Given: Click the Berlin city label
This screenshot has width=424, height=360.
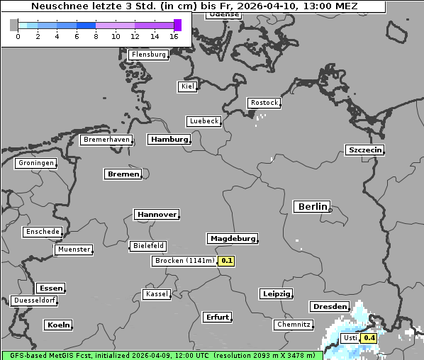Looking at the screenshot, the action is [312, 207].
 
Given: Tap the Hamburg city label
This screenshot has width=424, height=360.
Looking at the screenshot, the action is [169, 140].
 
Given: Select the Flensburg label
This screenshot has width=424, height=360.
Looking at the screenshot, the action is [149, 55].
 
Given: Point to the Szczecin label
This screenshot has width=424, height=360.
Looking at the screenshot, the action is [364, 150].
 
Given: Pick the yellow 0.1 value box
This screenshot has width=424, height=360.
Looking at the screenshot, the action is [227, 261].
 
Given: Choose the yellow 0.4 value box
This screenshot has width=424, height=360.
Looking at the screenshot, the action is [369, 339].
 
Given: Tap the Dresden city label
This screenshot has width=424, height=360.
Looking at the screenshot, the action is [329, 307].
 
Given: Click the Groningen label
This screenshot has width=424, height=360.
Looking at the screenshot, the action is [35, 163].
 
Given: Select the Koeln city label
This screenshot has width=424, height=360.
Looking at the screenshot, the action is [58, 325].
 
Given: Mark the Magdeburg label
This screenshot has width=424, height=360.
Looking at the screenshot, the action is [232, 239].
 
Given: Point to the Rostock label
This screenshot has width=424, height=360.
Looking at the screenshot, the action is [264, 103].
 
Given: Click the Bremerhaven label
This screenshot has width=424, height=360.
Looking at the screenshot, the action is [106, 140].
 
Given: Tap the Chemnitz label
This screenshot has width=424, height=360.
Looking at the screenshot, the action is [294, 325].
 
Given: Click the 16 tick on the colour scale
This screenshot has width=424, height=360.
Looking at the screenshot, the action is [174, 36].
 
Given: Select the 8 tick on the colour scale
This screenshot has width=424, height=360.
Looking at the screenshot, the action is [96, 36].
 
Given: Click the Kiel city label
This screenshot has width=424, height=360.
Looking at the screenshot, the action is [187, 86].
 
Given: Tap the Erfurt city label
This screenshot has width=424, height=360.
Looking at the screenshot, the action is [217, 317].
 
